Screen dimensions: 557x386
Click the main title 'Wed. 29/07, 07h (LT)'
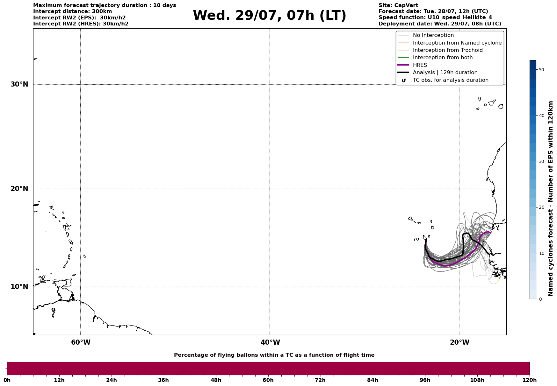(269, 16)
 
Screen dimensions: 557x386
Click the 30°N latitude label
(19, 84)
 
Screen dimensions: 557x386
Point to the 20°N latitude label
(19, 189)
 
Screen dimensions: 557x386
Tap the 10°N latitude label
(19, 287)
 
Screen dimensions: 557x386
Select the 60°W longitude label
(81, 342)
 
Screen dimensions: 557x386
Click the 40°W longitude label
(270, 342)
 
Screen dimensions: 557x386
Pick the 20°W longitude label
(459, 342)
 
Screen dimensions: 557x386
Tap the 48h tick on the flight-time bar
(216, 380)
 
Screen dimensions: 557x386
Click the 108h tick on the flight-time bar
(477, 380)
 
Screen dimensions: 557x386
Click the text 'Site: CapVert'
(398, 5)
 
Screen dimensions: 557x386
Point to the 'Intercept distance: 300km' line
(73, 11)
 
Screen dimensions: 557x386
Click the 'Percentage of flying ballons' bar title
(274, 355)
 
